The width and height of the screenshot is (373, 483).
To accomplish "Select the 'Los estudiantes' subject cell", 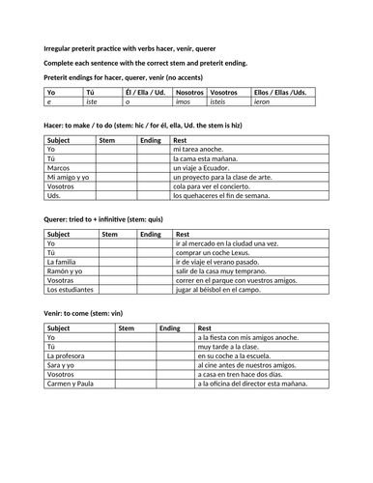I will pos(70,289).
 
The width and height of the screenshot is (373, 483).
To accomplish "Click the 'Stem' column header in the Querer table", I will pos(109,235).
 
